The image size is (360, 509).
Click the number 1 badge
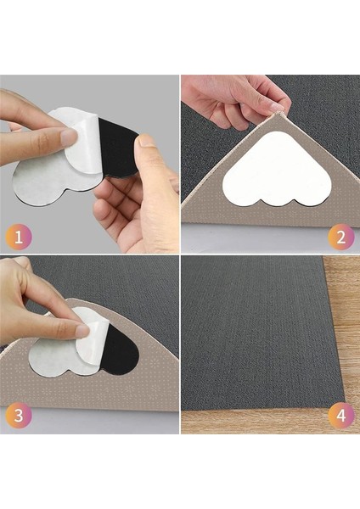tap(19, 237)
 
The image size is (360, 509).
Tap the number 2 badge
tap(340, 237)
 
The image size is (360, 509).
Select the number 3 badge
tap(19, 415)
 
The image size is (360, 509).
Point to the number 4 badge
tap(340, 415)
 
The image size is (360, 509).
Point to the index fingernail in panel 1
tap(70, 137)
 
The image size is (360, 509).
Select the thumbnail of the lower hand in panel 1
tap(146, 142)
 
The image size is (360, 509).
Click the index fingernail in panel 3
tap(83, 331)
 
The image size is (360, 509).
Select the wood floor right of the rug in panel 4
tap(345, 325)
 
